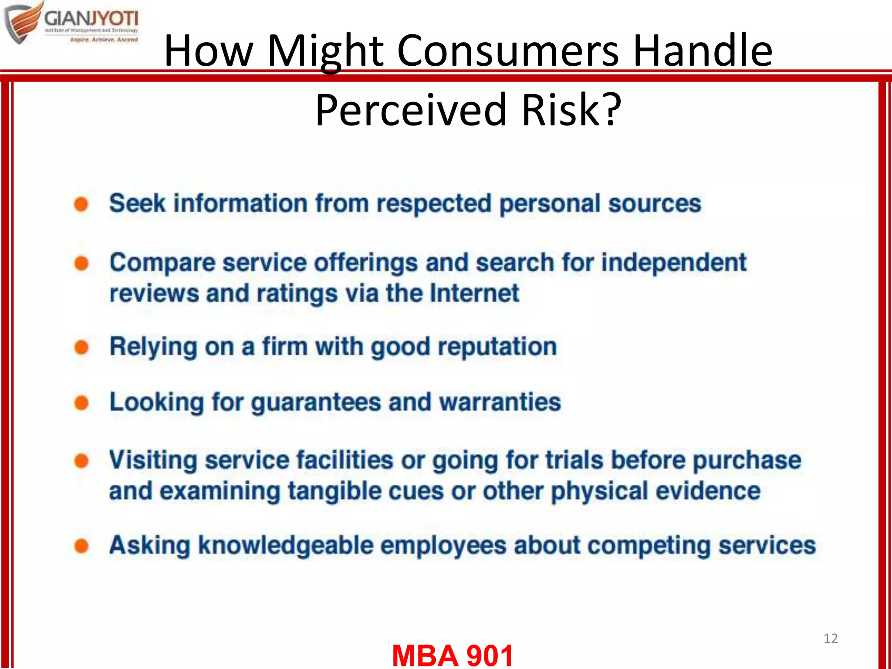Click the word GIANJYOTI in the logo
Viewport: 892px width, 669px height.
(x=91, y=19)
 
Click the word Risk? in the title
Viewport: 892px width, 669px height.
(x=571, y=110)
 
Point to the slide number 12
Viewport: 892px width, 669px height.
(x=830, y=639)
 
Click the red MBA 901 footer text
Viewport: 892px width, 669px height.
(x=453, y=655)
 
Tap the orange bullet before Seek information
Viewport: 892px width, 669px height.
(x=81, y=204)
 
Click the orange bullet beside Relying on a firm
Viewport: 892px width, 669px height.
(x=81, y=348)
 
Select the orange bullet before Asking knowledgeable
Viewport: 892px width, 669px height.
(x=81, y=546)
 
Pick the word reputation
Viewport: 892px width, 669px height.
(x=497, y=347)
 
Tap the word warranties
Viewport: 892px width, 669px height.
(x=500, y=402)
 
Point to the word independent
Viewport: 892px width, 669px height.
(x=674, y=263)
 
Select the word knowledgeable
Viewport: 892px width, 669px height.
(x=286, y=546)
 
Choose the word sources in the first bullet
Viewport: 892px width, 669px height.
(x=654, y=204)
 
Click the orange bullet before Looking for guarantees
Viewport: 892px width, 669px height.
(x=81, y=402)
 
